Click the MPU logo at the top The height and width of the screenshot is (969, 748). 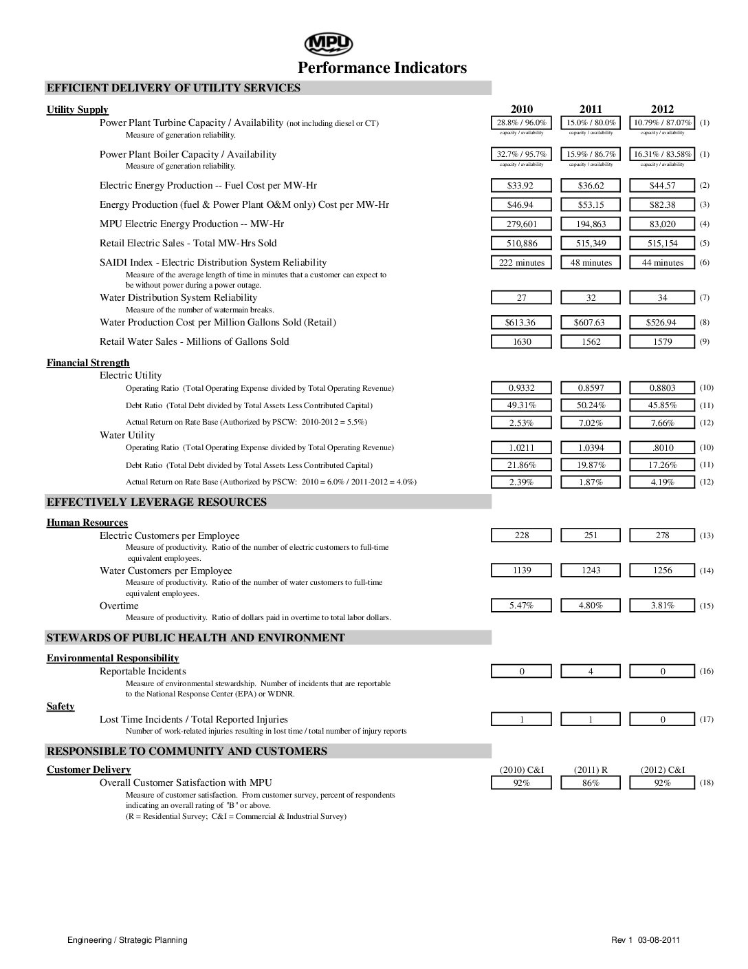[x=329, y=45]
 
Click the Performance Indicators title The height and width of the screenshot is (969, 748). [x=382, y=67]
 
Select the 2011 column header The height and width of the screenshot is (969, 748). [x=591, y=109]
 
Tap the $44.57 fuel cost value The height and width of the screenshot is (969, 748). [x=662, y=186]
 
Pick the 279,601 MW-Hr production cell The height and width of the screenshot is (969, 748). [x=522, y=224]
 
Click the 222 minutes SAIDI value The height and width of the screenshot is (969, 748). [x=522, y=263]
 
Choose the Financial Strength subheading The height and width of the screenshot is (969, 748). [x=88, y=363]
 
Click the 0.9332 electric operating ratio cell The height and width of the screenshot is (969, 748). [x=522, y=388]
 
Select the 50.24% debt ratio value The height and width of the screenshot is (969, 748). [x=591, y=405]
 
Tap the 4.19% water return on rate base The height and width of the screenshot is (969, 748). [x=662, y=482]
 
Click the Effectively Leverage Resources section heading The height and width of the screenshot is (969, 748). [x=156, y=502]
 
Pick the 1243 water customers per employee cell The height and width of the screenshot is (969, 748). [x=591, y=571]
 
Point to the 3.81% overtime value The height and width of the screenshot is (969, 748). [x=662, y=606]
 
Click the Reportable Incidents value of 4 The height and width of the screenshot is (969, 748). [x=591, y=672]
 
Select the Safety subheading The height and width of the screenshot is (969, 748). [x=60, y=707]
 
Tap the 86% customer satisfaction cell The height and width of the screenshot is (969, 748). [x=591, y=783]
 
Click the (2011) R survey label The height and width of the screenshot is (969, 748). [x=591, y=770]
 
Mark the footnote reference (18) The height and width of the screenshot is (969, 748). [x=707, y=783]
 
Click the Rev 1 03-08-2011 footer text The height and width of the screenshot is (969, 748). [x=646, y=940]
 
